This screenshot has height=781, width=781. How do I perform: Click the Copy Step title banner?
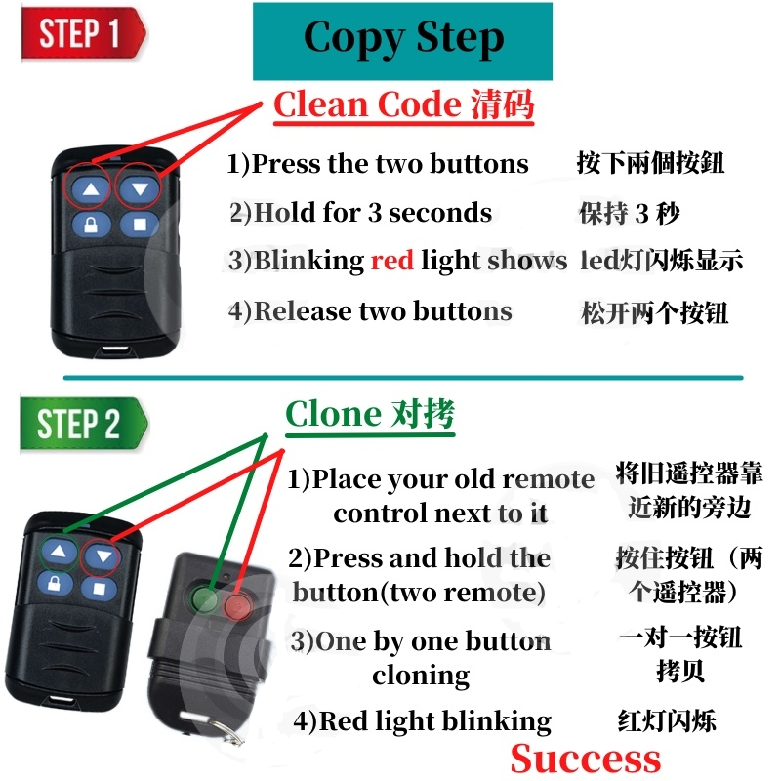coord(402,41)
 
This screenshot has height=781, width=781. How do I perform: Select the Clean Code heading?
coord(403,104)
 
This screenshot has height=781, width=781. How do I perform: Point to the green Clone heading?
coord(370,414)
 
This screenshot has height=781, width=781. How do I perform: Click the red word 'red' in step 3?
coord(392,260)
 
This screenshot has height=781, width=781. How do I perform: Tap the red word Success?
coord(585,760)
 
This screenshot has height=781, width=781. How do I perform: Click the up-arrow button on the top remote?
coord(90,189)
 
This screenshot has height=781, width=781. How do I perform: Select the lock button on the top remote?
coord(91,226)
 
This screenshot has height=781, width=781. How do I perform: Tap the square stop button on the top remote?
coord(140,225)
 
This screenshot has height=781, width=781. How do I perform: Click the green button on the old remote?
coord(204,597)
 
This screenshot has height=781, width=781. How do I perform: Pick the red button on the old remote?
coord(238,606)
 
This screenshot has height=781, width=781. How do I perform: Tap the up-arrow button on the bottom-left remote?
coord(60,552)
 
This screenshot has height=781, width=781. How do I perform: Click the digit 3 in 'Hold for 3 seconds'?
coord(375,213)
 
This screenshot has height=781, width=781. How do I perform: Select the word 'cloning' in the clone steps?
coord(421,677)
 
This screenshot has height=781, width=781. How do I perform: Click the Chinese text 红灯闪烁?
coord(667,720)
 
